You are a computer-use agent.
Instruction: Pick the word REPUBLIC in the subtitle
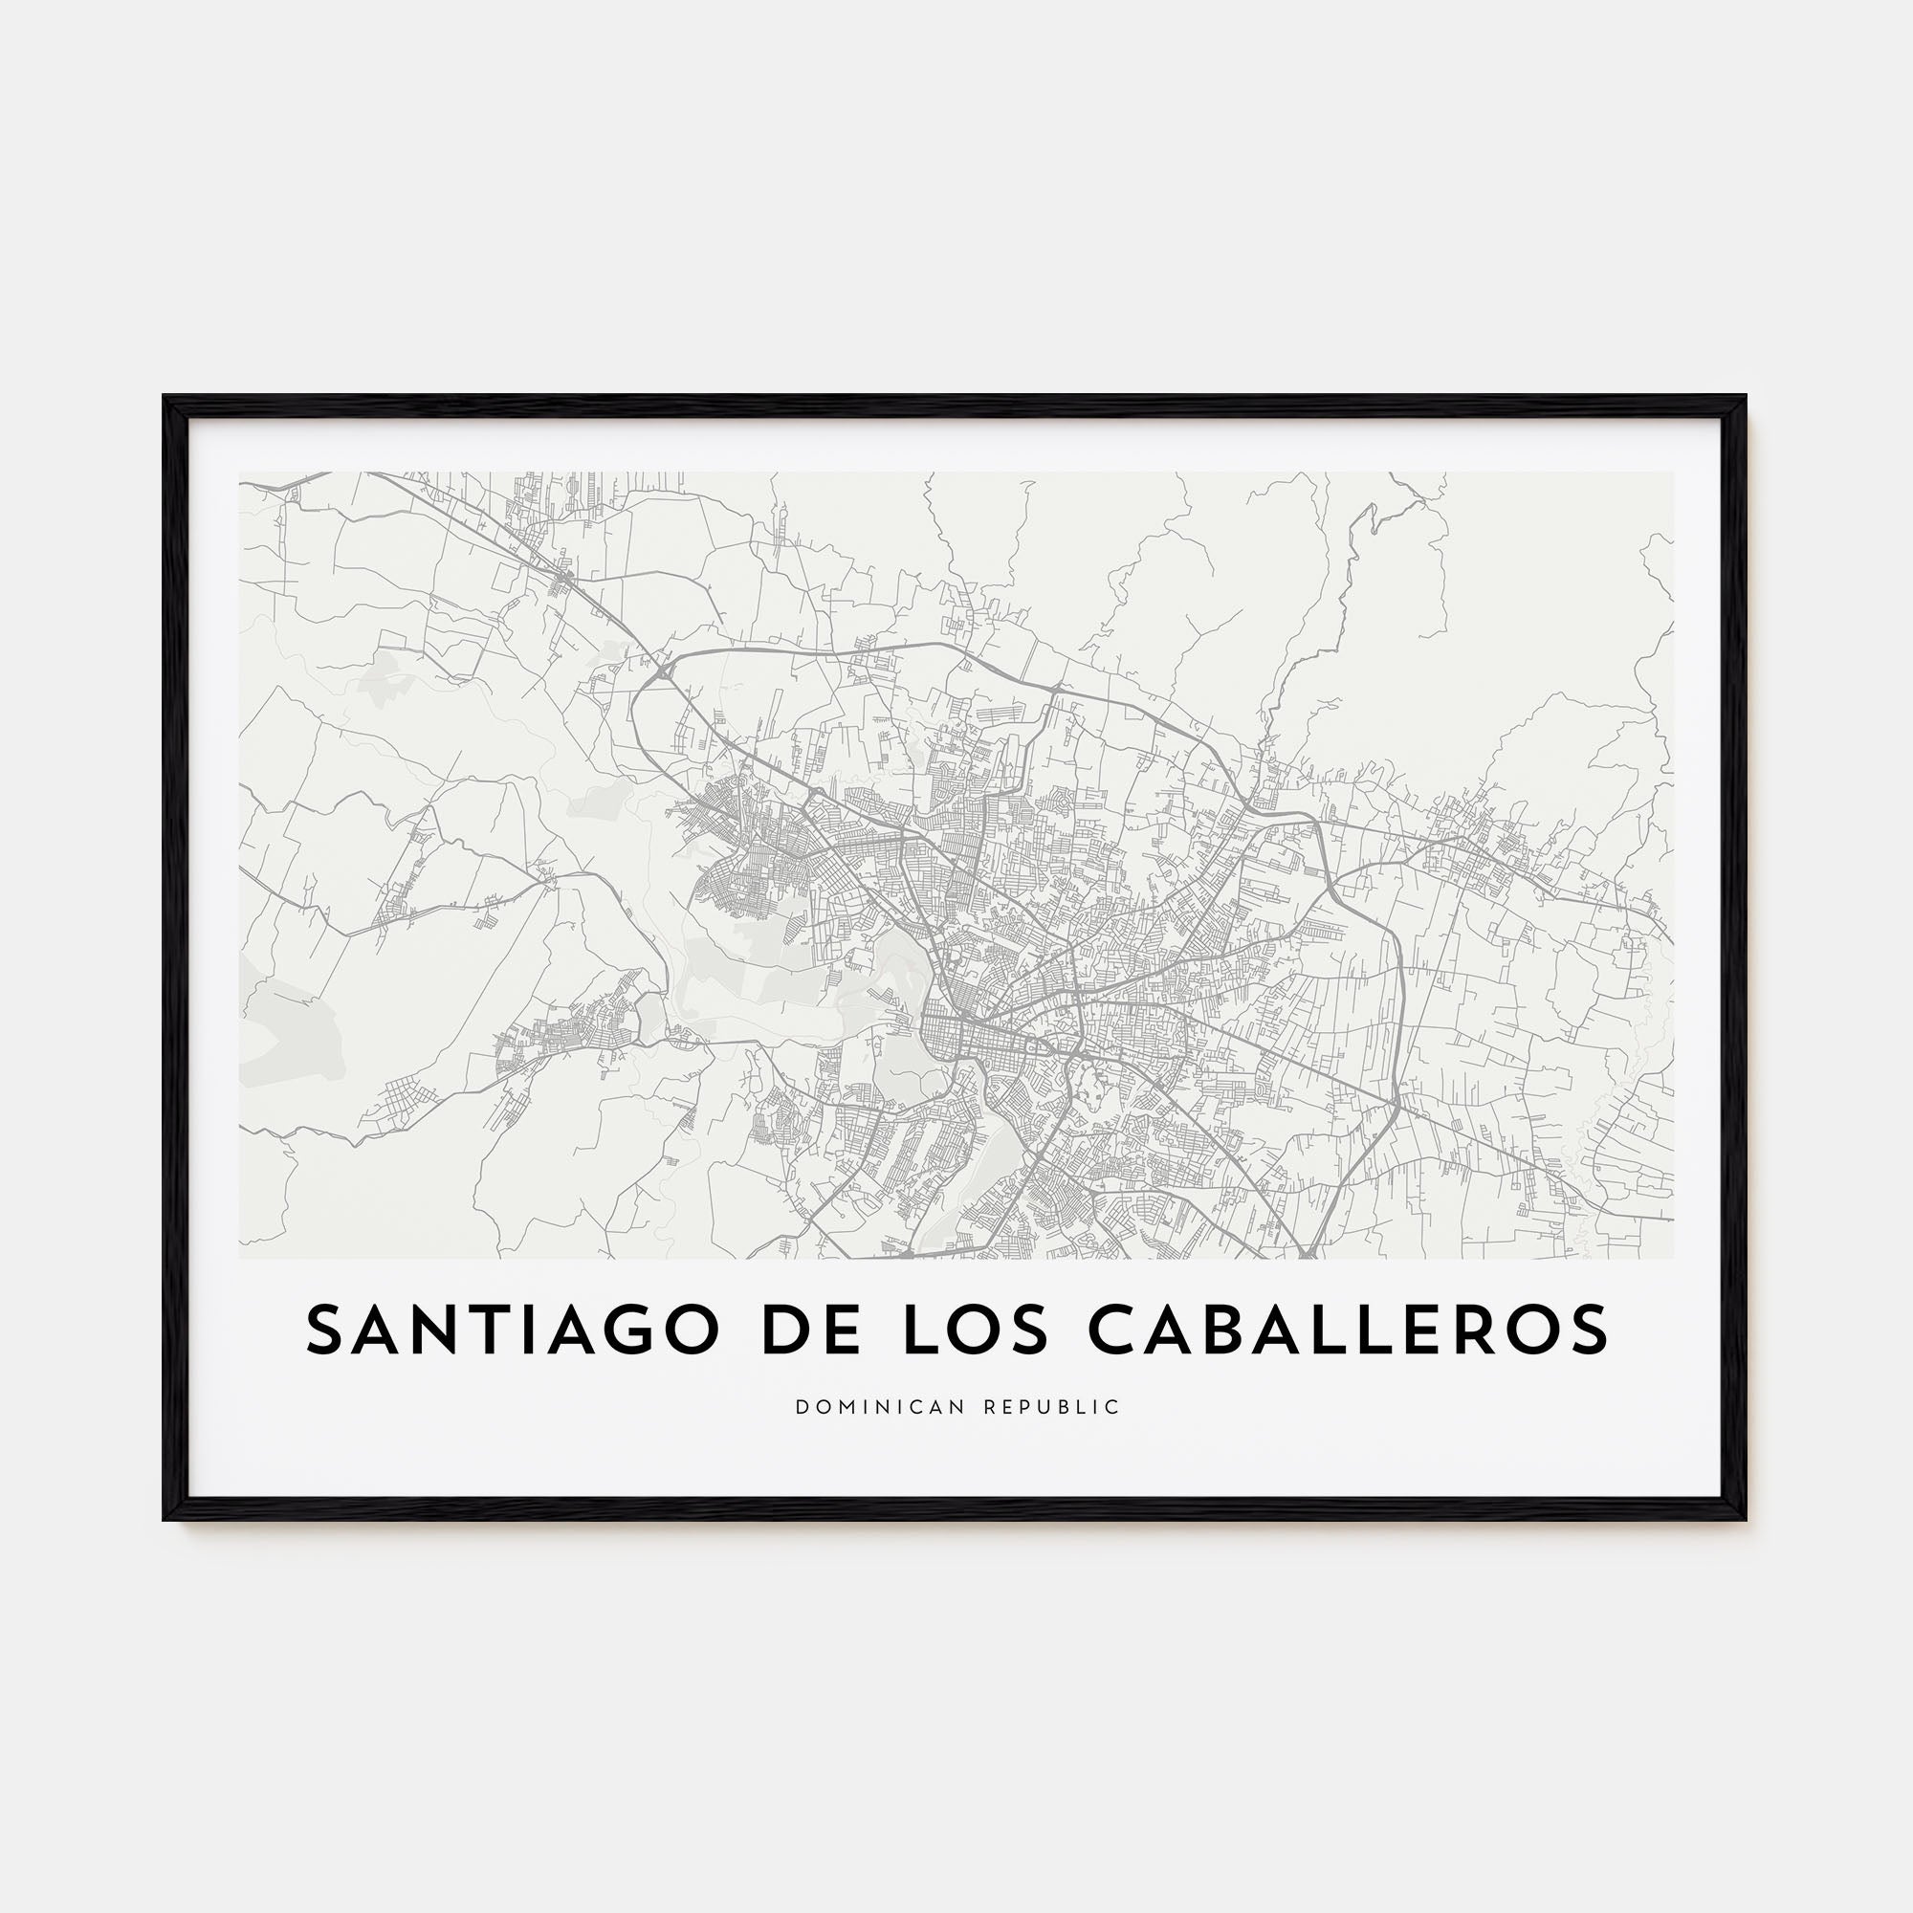(x=1052, y=1407)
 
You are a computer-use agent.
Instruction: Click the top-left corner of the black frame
(x=165, y=397)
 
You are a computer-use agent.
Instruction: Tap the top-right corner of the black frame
(x=1746, y=397)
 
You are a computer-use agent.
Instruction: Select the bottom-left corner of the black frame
(x=165, y=1520)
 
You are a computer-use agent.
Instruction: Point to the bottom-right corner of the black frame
(x=1746, y=1520)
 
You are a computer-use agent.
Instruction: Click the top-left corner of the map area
(x=240, y=473)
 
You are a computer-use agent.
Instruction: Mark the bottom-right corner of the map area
(x=1673, y=1259)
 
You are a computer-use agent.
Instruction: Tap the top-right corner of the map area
(x=1673, y=473)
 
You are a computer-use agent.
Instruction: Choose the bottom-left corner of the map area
(x=240, y=1259)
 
